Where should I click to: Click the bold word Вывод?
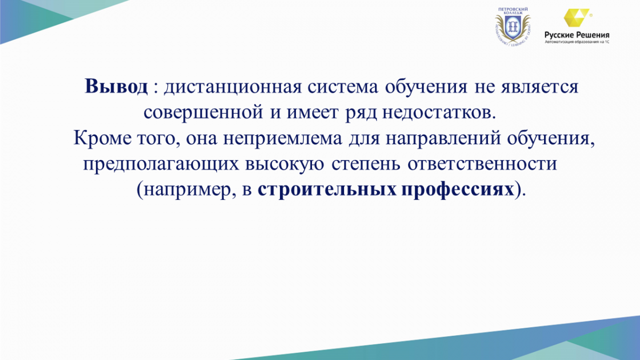pos(116,86)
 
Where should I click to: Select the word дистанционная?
pos(233,87)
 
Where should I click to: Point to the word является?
pos(540,87)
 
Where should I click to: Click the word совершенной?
pos(203,113)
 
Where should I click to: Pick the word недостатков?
pos(439,113)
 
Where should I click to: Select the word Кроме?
pos(102,138)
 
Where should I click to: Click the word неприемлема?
pos(283,139)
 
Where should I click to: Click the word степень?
pos(366,164)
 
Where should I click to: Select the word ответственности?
pos(482,164)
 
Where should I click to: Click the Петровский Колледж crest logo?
pos(513,27)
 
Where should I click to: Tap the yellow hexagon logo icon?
pos(577,18)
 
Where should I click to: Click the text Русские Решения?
pos(577,35)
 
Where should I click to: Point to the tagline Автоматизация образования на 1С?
pos(577,42)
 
